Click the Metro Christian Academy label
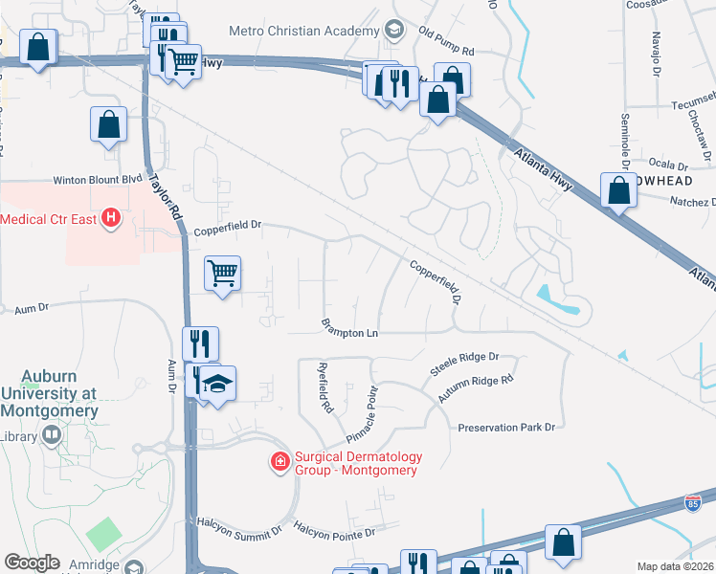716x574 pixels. [310, 32]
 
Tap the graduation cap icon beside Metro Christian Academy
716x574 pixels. [392, 31]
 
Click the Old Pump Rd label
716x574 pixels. [446, 50]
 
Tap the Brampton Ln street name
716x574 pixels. [349, 333]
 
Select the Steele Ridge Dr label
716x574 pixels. [465, 357]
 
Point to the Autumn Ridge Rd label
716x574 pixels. [476, 386]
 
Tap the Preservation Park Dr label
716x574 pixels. [506, 427]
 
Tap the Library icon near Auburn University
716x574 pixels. [51, 436]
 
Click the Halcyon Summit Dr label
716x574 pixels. [239, 526]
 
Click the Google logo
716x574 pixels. [32, 563]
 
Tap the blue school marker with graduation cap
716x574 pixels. [217, 386]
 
